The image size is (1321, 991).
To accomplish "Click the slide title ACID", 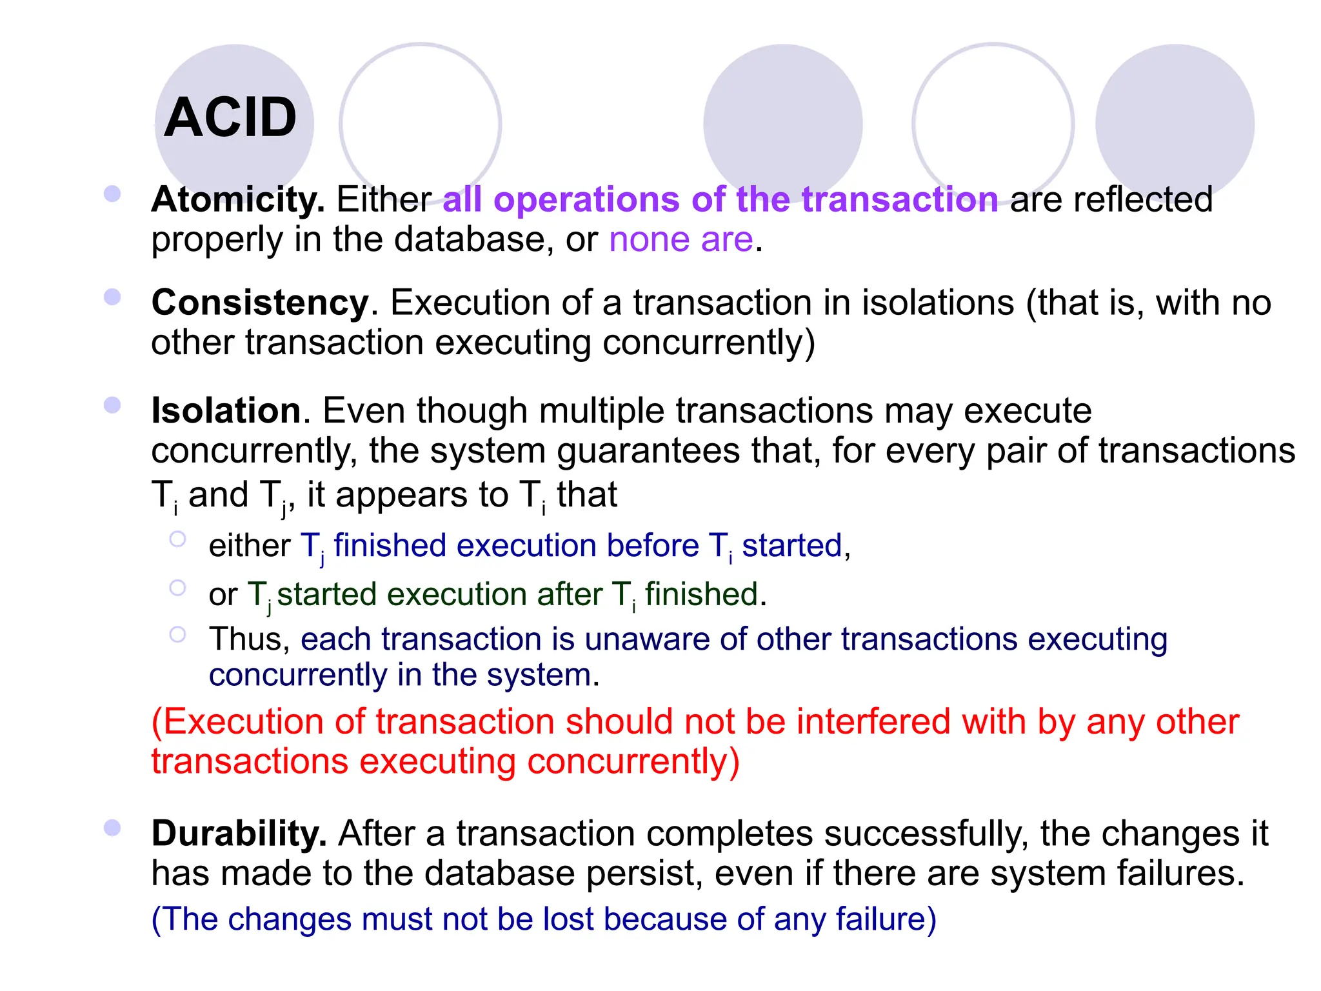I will tap(230, 117).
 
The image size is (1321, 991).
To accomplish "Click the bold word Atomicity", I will tap(237, 199).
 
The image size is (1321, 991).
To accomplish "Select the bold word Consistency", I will tap(260, 303).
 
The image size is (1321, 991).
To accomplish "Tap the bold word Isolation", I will tap(226, 411).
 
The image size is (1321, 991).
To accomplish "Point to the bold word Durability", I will tap(239, 834).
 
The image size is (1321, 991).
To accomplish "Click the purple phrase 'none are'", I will tap(681, 240).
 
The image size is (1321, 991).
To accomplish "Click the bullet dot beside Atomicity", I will tap(112, 194).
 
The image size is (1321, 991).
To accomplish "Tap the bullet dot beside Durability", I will tap(112, 828).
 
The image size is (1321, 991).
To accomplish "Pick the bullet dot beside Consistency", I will tap(112, 297).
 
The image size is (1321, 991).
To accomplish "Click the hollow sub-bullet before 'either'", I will tap(177, 539).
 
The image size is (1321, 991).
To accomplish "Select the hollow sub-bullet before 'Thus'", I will tap(177, 634).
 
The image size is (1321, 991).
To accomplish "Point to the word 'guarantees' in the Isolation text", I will tap(648, 452).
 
